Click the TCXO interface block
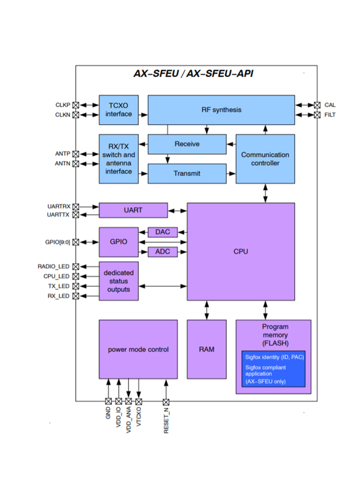[x=119, y=110]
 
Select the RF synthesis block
[x=221, y=110]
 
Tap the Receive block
[x=187, y=144]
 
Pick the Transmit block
[x=187, y=173]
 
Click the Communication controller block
[x=265, y=159]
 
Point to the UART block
[x=133, y=210]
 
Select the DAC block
[x=162, y=232]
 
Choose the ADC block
[x=162, y=252]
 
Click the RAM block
[x=206, y=349]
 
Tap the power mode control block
[x=138, y=349]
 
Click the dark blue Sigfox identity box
[x=273, y=368]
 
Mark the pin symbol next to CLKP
[x=76, y=105]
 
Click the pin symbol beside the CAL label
[x=317, y=105]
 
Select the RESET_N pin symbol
[x=165, y=402]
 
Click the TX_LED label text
[x=59, y=286]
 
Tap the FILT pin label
[x=330, y=115]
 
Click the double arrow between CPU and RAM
[x=206, y=310]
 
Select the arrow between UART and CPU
[x=177, y=210]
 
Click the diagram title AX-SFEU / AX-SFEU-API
[x=193, y=74]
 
